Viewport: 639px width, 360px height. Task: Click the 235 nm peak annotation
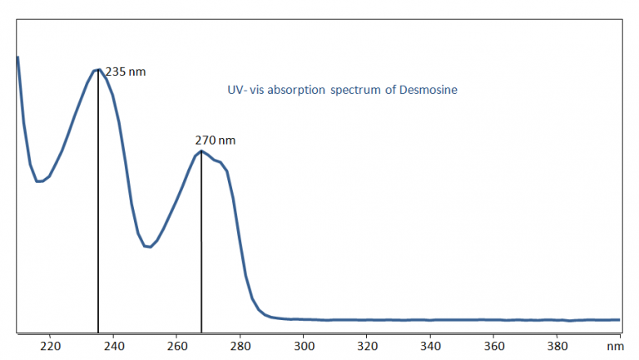(x=126, y=72)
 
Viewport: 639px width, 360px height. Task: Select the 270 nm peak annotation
(x=215, y=141)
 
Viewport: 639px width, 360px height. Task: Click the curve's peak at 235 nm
(x=98, y=70)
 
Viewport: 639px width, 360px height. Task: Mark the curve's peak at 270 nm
(x=201, y=151)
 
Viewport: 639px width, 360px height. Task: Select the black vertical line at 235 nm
(x=98, y=208)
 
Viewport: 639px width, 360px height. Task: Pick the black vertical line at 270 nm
(x=201, y=249)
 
